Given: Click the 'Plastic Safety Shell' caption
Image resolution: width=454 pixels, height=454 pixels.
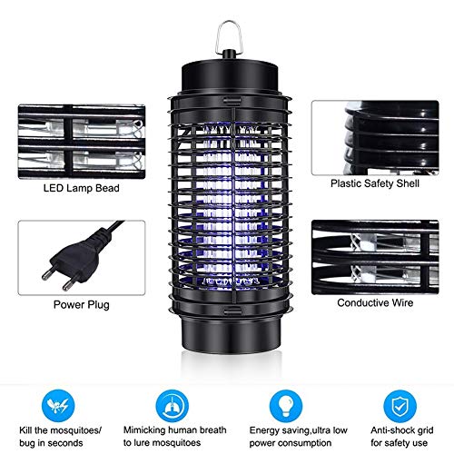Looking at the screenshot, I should (368, 182).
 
